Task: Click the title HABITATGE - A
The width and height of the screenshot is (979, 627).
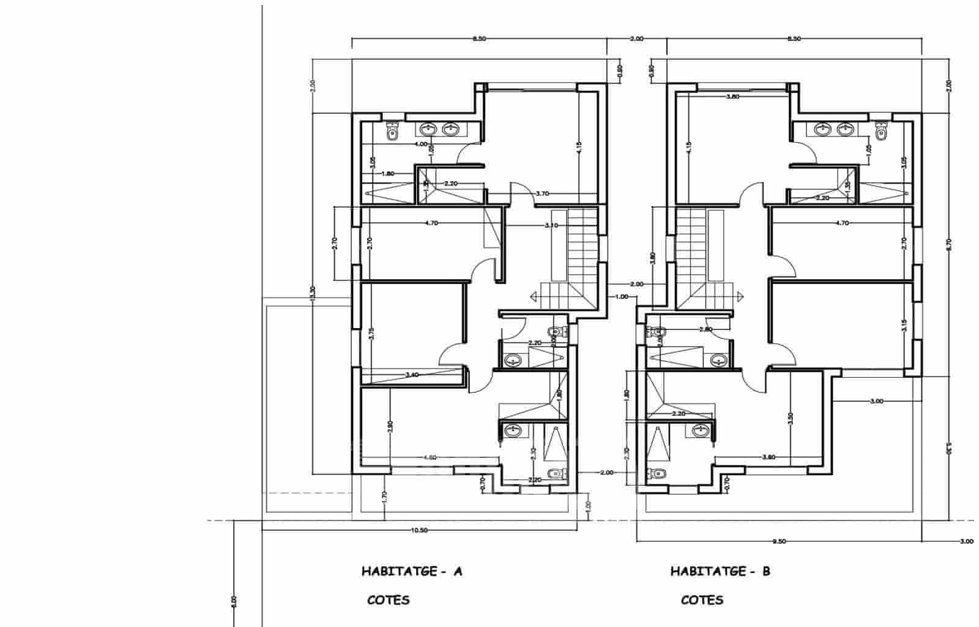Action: (x=412, y=572)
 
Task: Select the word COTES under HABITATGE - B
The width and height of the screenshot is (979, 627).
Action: (x=702, y=599)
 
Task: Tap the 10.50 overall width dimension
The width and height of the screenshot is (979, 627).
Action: (x=420, y=530)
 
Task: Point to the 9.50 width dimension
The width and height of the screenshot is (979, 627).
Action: (x=778, y=541)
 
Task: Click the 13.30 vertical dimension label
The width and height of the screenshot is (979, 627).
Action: (x=313, y=293)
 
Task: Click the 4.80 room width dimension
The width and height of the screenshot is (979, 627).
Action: (x=431, y=457)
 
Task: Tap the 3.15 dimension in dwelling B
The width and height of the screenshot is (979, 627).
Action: (x=904, y=325)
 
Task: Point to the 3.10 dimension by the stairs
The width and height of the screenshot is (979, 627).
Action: (x=551, y=225)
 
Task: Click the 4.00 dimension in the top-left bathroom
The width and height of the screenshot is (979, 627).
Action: (x=420, y=145)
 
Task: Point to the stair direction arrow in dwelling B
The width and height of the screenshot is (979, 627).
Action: (x=740, y=297)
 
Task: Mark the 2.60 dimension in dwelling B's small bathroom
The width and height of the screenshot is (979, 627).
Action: (x=705, y=329)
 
